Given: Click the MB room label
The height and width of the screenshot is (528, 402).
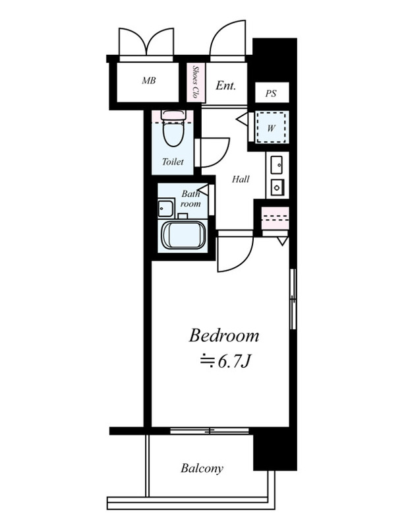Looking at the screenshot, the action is click(x=148, y=81).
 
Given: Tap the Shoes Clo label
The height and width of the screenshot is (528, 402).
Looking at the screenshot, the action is click(x=195, y=82).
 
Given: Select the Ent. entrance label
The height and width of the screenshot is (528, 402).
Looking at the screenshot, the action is click(x=225, y=85).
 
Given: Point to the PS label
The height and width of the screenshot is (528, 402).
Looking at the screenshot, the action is click(x=271, y=93).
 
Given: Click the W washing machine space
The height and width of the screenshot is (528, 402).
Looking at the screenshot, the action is click(x=272, y=127).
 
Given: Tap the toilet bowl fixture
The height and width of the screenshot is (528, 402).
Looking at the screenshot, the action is click(x=173, y=129).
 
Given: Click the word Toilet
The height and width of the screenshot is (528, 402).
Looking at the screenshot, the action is click(x=173, y=162).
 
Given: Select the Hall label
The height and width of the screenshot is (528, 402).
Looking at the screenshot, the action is click(x=241, y=179).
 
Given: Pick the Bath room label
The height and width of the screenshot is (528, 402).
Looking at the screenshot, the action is click(x=190, y=199).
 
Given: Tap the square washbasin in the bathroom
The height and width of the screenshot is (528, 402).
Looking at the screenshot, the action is click(x=166, y=208).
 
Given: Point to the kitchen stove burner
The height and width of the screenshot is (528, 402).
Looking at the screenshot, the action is click(x=277, y=187).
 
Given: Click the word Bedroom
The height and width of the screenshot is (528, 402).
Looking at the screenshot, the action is click(x=224, y=336).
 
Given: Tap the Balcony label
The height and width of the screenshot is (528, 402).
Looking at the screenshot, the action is click(x=202, y=469).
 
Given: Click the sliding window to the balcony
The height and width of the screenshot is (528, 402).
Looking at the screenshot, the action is click(x=210, y=430).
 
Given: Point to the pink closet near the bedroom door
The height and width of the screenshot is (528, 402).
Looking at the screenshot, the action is click(x=275, y=218).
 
